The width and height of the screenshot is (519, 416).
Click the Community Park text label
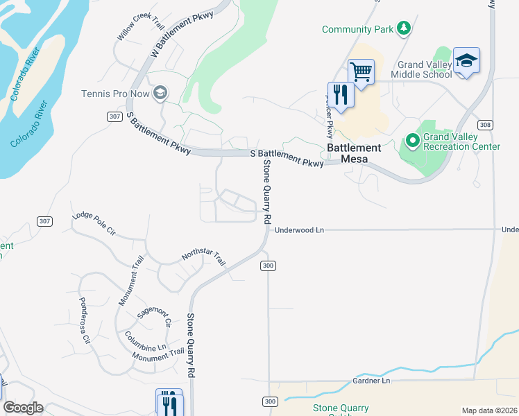[x=357, y=29]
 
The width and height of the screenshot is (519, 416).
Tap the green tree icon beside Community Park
[x=404, y=28]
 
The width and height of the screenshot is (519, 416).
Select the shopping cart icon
[x=361, y=71]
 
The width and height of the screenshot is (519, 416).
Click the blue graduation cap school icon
[x=466, y=61]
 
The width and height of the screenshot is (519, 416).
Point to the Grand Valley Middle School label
[x=421, y=69]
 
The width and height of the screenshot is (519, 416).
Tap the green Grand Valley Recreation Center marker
[x=413, y=141]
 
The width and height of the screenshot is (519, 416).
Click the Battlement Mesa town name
[x=361, y=153]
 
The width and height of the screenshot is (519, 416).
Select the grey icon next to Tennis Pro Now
[x=161, y=94]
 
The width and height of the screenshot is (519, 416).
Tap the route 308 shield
[x=486, y=125]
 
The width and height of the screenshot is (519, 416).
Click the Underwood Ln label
[x=300, y=229]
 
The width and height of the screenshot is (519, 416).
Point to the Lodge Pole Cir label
[x=94, y=224]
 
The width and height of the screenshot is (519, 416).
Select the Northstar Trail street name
[x=203, y=259]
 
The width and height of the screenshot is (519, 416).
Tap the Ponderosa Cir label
[x=85, y=321]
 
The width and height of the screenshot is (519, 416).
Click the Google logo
[x=23, y=408]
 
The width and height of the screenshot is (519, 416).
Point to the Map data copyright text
[x=488, y=410]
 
